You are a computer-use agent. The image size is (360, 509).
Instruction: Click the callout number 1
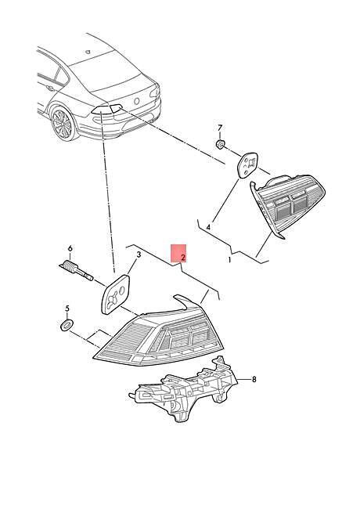point(229,260)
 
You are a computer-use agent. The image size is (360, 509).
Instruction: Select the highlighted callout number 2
point(183,258)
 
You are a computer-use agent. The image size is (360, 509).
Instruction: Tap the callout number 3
point(139,254)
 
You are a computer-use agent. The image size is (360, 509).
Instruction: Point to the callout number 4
point(208,227)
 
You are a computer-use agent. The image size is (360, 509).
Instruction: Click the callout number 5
point(67,308)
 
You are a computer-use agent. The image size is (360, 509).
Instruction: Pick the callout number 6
point(70,249)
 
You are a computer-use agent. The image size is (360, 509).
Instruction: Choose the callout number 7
point(220,127)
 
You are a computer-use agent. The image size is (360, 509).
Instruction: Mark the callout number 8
point(254,379)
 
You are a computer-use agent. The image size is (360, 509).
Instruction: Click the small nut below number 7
point(221,144)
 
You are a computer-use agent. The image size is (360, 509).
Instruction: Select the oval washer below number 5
point(67,325)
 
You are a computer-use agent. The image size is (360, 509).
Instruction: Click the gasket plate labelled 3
point(116,294)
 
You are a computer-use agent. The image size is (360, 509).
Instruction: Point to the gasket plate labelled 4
point(248,165)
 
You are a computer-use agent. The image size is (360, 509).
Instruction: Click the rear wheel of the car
point(63,124)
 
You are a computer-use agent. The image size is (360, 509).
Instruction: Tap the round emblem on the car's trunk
point(136,101)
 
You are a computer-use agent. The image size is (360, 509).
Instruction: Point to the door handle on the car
point(50,88)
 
